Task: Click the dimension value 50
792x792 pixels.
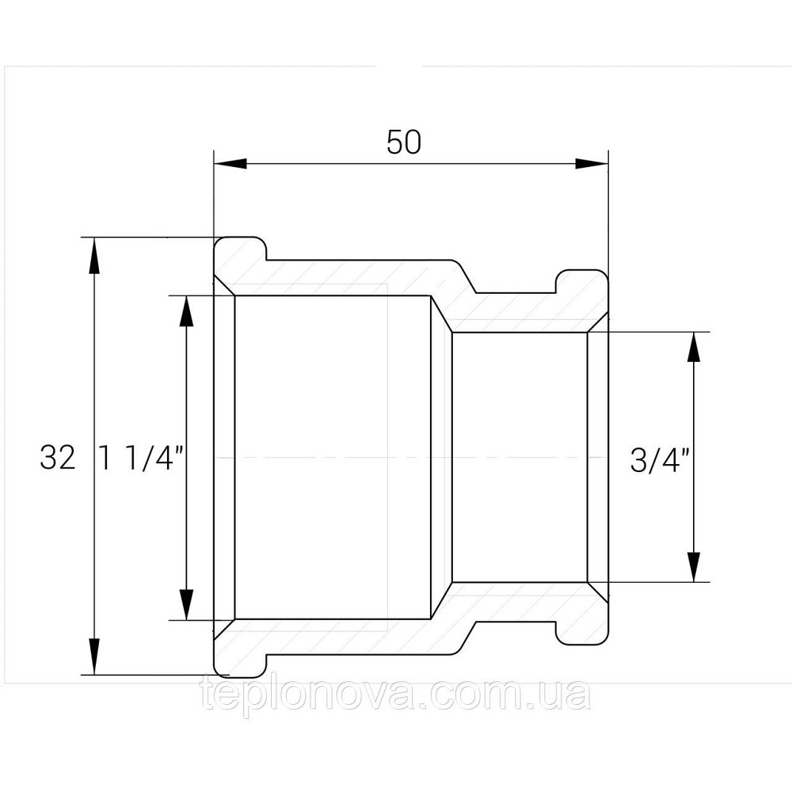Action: tap(404, 143)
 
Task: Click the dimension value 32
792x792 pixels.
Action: tap(58, 459)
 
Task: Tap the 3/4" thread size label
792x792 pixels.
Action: tap(661, 460)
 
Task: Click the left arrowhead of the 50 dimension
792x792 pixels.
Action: tap(230, 164)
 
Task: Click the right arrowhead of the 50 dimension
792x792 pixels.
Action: tap(592, 164)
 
